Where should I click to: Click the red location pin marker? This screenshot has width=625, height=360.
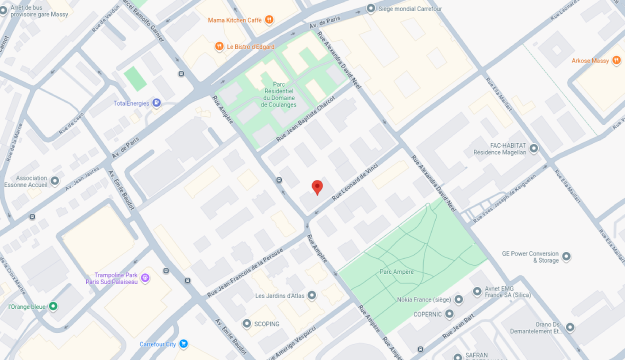click(317, 187)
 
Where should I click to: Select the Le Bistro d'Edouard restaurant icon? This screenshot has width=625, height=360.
click(219, 46)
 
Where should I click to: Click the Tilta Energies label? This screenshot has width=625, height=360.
click(131, 103)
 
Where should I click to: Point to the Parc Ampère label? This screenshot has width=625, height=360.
click(397, 271)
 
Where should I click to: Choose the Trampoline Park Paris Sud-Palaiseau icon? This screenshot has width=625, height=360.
click(146, 276)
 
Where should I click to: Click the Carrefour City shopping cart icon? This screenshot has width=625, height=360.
click(182, 344)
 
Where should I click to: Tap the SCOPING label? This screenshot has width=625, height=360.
click(266, 324)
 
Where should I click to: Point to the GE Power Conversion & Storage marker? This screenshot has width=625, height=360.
click(566, 256)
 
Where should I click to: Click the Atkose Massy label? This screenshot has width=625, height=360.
click(590, 61)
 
